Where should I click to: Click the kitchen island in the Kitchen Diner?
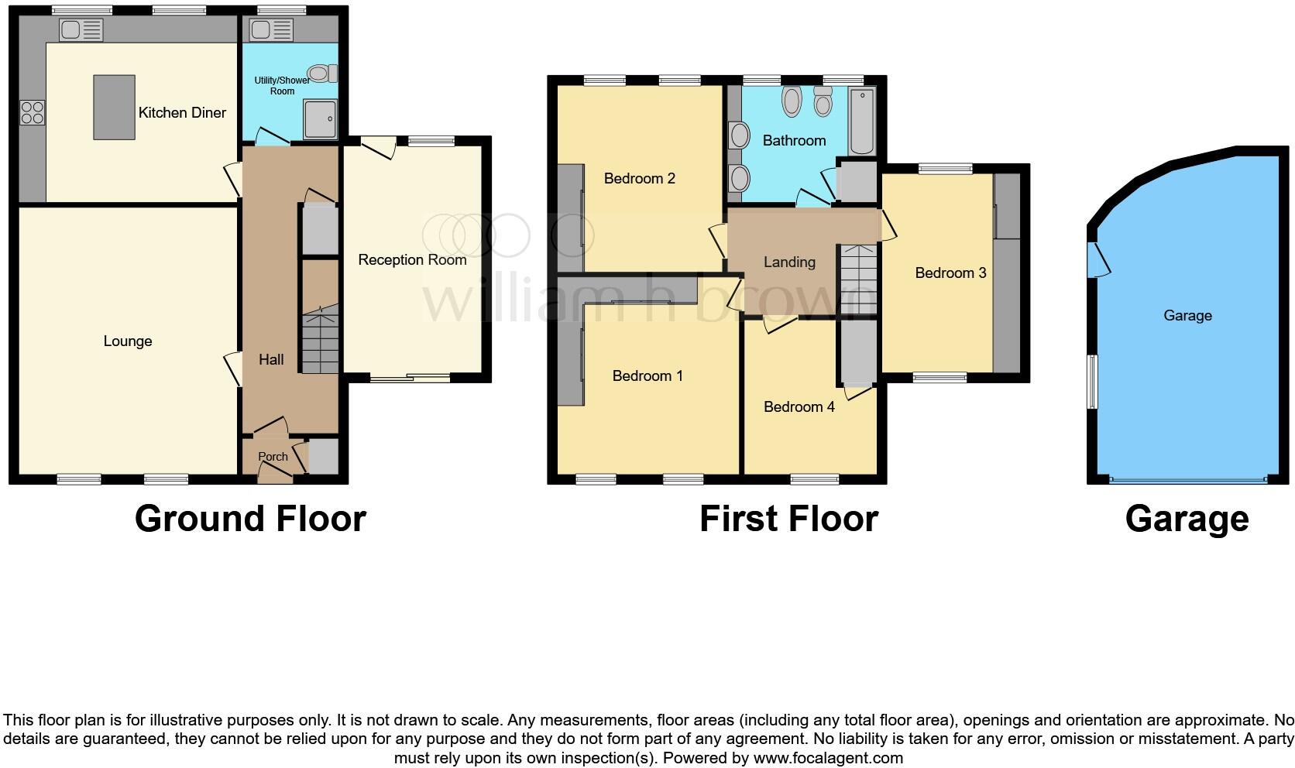click(114, 107)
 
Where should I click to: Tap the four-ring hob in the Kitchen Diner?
click(33, 113)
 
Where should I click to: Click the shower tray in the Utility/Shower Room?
click(319, 119)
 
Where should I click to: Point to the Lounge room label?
click(128, 341)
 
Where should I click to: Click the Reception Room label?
click(412, 260)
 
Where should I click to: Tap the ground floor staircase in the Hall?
click(320, 341)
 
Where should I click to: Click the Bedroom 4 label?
click(799, 407)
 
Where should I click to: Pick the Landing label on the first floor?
click(789, 262)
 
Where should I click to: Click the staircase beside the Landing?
click(858, 279)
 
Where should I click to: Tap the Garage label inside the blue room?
click(1187, 316)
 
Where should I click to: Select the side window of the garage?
click(1092, 381)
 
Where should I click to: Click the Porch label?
click(273, 457)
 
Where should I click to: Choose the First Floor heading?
click(788, 519)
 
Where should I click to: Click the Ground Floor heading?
click(250, 519)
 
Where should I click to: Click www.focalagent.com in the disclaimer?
click(828, 758)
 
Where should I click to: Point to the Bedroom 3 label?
click(950, 273)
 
